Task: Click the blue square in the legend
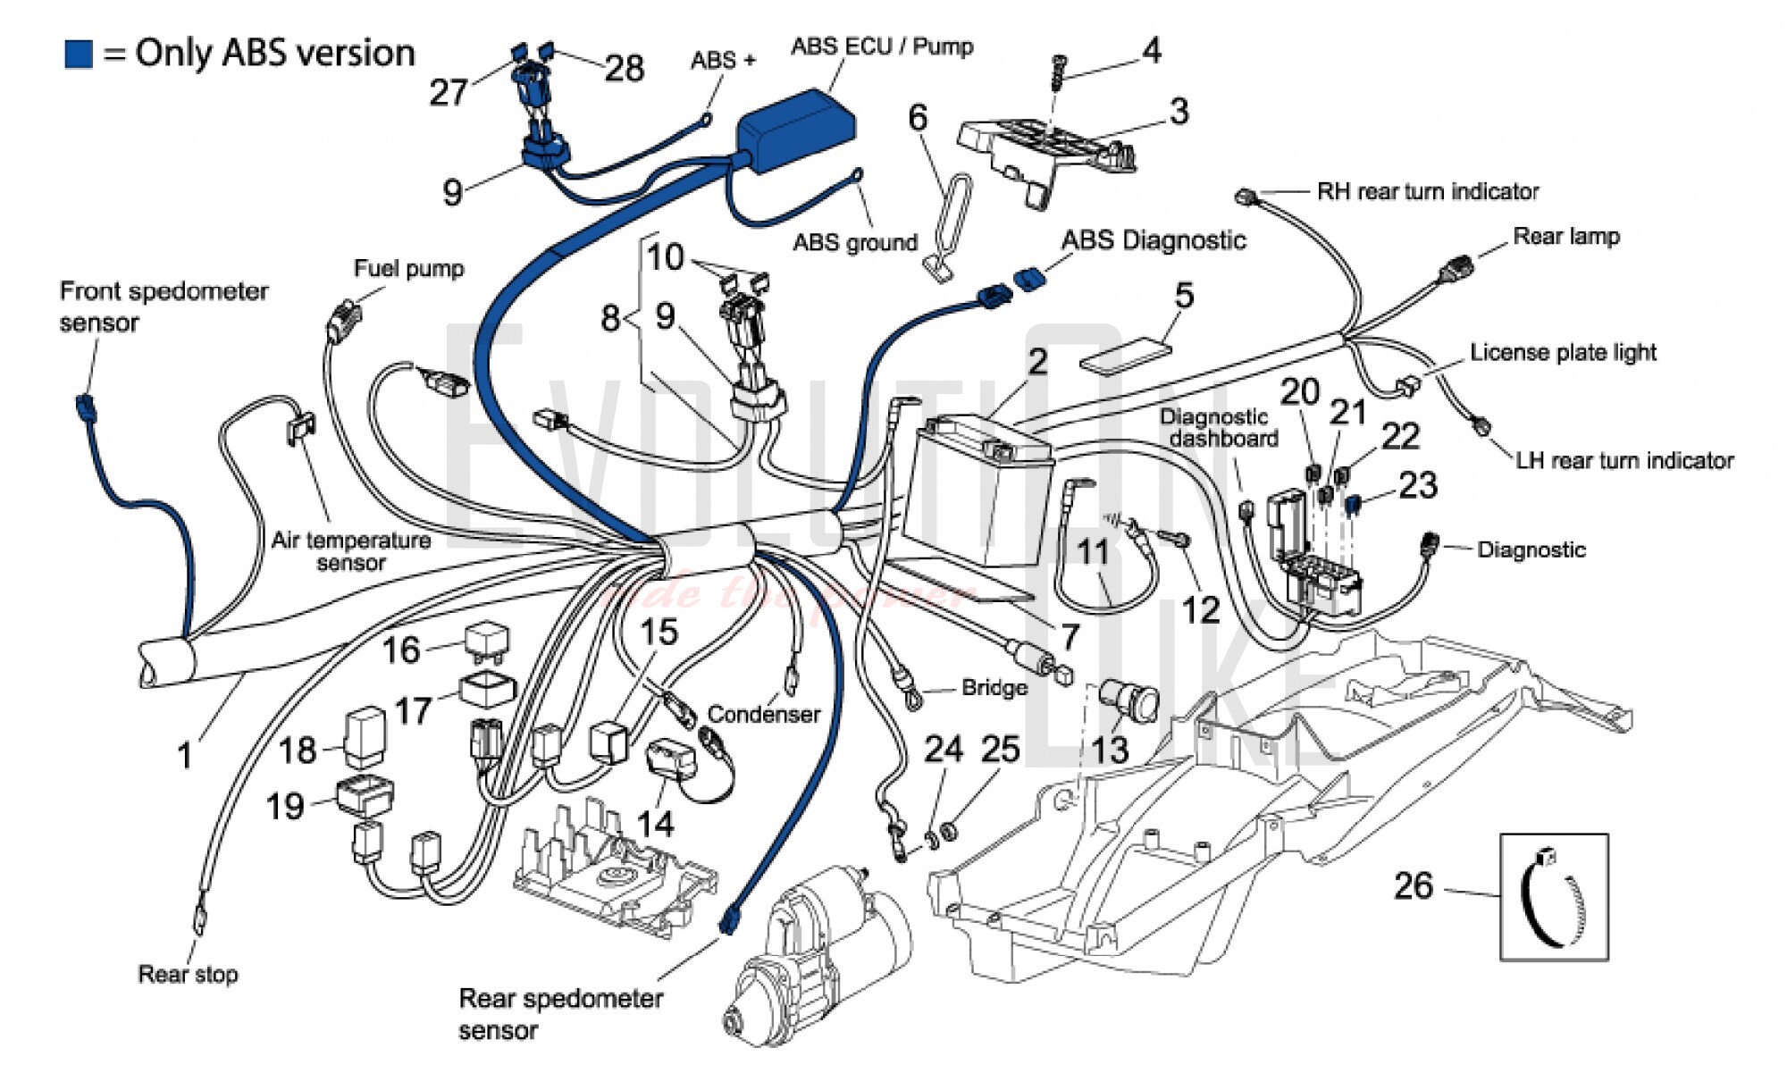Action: [79, 54]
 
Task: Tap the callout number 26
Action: [1414, 885]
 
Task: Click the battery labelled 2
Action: [978, 491]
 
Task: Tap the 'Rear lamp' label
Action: [1565, 237]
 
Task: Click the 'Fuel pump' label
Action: [408, 269]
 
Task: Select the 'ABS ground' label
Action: [855, 242]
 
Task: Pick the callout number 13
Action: [1110, 749]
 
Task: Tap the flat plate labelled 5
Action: [1126, 353]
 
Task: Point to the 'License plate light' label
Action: [1563, 353]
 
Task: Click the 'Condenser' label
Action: [763, 715]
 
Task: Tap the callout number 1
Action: [185, 756]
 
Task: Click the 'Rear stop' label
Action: [188, 974]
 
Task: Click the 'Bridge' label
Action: [994, 688]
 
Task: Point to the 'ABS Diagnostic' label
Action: [1153, 240]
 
